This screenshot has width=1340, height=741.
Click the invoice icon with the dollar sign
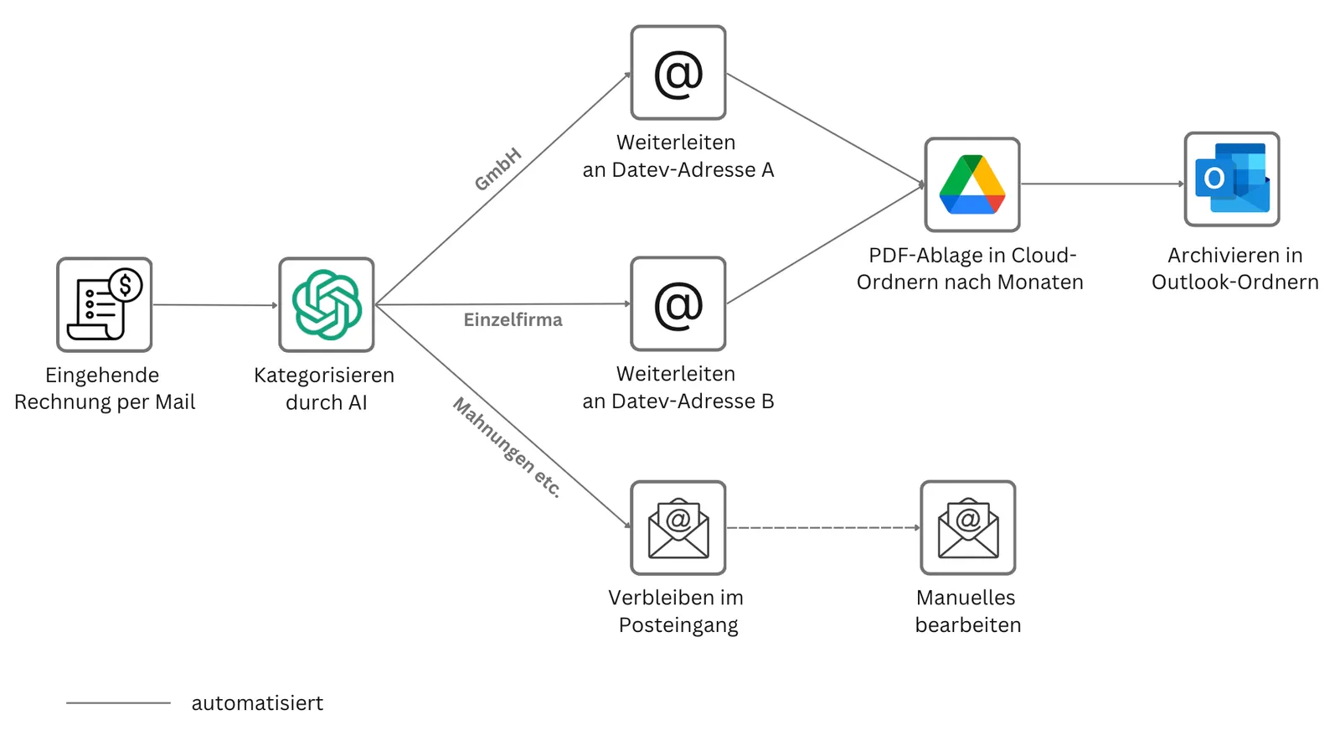(x=105, y=304)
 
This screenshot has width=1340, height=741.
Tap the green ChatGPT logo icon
(x=327, y=304)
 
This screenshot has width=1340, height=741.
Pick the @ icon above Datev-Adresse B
(x=678, y=304)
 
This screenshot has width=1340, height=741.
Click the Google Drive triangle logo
(x=972, y=184)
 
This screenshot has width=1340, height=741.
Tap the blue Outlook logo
(x=1232, y=179)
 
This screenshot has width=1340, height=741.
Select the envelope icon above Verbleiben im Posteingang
(x=678, y=527)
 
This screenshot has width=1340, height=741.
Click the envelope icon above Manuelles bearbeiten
(x=968, y=527)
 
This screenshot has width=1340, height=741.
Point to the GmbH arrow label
(x=497, y=169)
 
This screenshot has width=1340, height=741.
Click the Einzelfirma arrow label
(x=513, y=319)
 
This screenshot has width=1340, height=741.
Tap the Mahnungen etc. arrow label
(x=508, y=447)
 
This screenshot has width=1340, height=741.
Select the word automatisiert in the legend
(x=257, y=702)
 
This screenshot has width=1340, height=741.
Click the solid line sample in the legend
(x=118, y=702)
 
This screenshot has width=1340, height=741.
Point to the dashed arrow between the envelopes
(x=823, y=527)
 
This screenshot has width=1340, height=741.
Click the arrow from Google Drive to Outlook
(x=1102, y=184)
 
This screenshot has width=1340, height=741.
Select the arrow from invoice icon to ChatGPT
(x=215, y=305)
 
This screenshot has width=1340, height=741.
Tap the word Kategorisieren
(x=324, y=376)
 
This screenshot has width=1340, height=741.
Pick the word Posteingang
(x=678, y=624)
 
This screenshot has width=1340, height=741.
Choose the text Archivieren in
(x=1235, y=256)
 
